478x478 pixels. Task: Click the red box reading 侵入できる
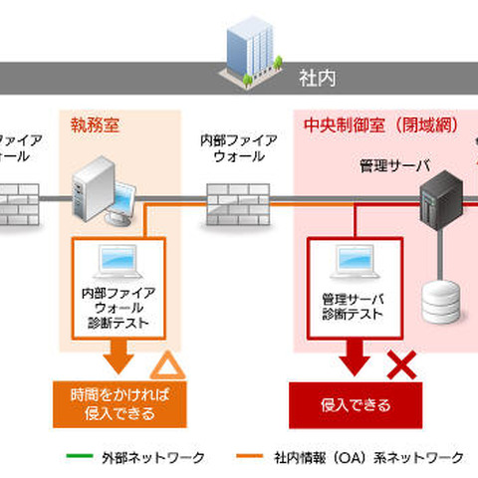tap(356, 405)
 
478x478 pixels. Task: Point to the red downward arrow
tap(354, 357)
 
